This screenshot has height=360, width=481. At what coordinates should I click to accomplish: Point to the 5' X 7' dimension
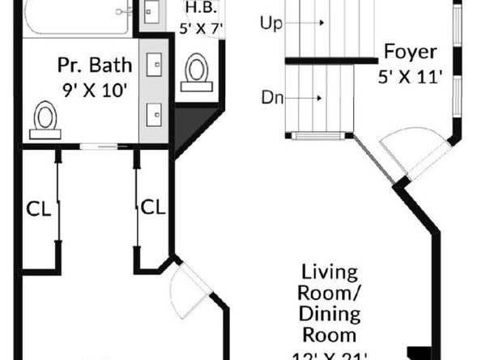[200, 28]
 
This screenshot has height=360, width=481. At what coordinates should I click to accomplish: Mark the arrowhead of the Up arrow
[322, 23]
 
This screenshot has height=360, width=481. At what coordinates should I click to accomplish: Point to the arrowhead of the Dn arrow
[322, 99]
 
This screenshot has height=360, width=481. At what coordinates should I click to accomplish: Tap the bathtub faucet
[124, 11]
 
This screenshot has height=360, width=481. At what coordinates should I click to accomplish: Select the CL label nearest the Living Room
[152, 207]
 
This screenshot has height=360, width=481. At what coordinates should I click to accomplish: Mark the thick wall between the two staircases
[332, 61]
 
